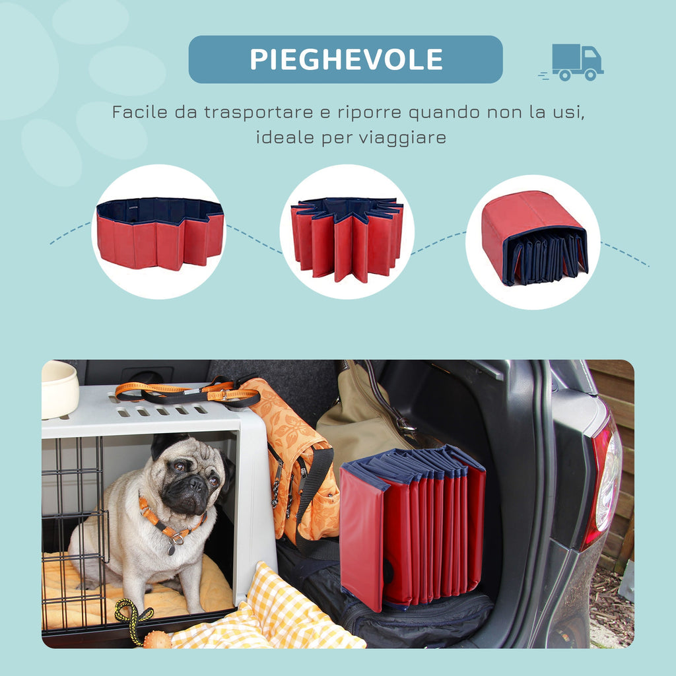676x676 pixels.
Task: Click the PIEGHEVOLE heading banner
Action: click(x=345, y=59)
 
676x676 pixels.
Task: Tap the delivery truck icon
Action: click(x=572, y=62)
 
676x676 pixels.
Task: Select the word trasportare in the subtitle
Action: click(x=259, y=112)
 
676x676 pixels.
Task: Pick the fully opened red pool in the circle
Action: click(x=160, y=233)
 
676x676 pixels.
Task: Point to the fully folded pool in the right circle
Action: click(x=535, y=238)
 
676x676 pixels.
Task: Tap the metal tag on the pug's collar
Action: click(x=172, y=549)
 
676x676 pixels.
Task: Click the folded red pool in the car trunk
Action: click(x=412, y=526)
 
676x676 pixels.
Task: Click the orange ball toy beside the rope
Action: click(x=156, y=640)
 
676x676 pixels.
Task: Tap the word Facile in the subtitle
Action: click(x=140, y=112)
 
